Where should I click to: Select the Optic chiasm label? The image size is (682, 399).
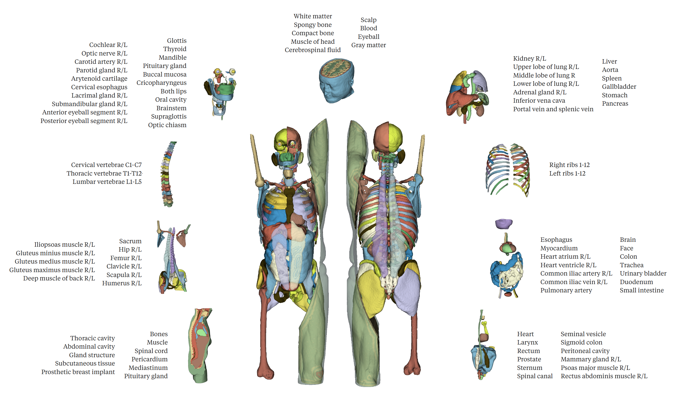click(x=167, y=125)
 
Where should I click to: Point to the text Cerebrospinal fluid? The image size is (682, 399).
click(x=312, y=50)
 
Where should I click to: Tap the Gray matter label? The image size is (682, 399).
click(x=368, y=45)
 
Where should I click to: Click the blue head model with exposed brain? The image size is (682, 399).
click(x=336, y=80)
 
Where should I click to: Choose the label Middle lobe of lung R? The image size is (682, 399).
click(x=544, y=75)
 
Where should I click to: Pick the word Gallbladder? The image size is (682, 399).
click(x=619, y=87)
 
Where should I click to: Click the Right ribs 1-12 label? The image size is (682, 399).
click(x=569, y=165)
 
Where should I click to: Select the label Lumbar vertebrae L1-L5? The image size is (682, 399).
click(x=107, y=182)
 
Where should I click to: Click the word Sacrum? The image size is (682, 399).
click(x=130, y=241)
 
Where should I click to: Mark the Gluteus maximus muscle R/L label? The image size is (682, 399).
click(x=52, y=270)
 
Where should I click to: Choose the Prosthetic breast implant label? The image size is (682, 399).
click(x=78, y=372)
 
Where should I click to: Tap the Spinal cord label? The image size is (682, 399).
click(x=151, y=351)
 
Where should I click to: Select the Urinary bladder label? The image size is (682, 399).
click(x=643, y=274)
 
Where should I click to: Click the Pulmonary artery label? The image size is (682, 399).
click(x=566, y=290)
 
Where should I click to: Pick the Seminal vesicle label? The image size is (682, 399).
click(x=583, y=334)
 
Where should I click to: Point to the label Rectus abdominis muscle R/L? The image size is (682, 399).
click(x=604, y=376)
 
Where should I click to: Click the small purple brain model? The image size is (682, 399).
click(x=503, y=224)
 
